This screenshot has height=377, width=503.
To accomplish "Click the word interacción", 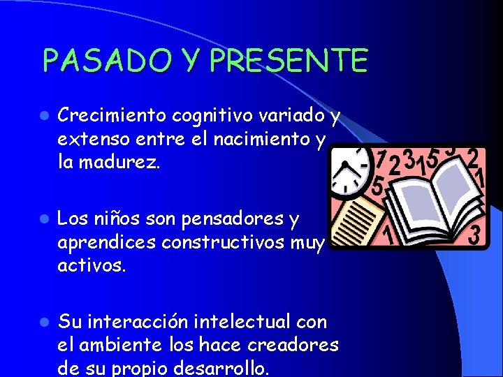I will (x=133, y=321).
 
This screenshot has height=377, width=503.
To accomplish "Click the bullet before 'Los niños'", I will (x=43, y=220).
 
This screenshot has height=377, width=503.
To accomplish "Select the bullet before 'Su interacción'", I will (x=43, y=323).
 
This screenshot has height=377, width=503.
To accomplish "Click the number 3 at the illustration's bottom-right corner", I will (x=474, y=235).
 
